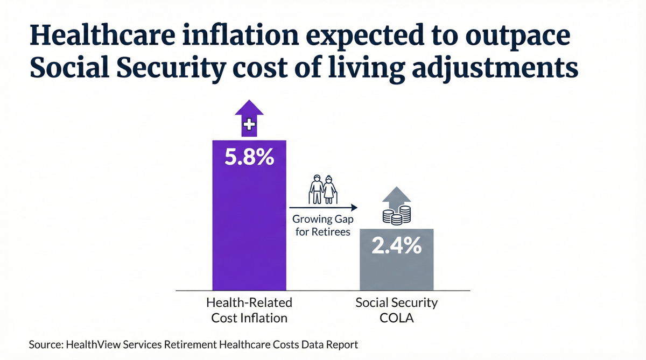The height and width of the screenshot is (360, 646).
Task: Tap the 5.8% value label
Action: (249, 159)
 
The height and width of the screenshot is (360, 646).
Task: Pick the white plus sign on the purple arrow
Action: (249, 126)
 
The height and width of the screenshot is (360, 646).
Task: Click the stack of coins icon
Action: (396, 215)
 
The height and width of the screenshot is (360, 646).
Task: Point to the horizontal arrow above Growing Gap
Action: (324, 207)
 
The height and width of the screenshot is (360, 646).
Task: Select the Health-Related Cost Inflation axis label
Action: (249, 310)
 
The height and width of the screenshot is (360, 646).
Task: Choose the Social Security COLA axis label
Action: (396, 310)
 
